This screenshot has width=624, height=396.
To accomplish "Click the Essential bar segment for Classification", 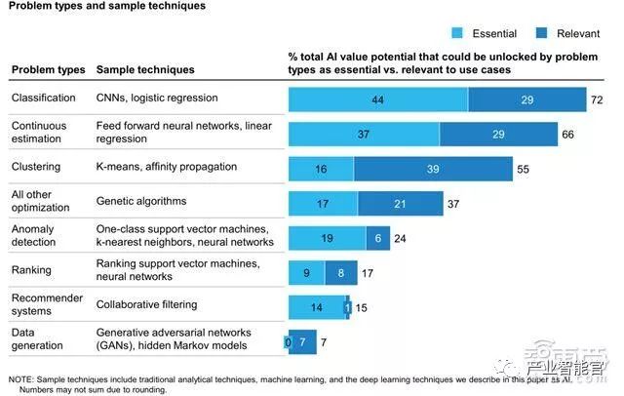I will coord(377,100).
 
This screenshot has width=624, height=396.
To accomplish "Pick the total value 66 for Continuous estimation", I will coord(567,135).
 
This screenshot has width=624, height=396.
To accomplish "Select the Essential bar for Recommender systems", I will coord(316,306).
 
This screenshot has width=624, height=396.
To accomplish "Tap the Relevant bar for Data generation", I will coord(303,342).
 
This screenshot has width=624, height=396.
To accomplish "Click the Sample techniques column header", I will coord(145,70).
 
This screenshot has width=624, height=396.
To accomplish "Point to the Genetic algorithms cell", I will coord(141,201).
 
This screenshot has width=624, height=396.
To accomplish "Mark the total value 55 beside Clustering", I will coord(523,169).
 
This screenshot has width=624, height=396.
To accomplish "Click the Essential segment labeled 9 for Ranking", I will coord(307,272).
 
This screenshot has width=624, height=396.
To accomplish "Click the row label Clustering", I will coord(36,167).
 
